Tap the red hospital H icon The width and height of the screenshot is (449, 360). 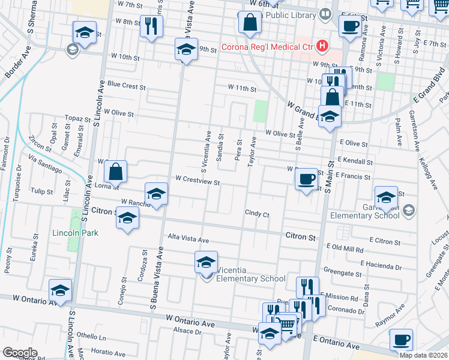pyautogui.click(x=324, y=46)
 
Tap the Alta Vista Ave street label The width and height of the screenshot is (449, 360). pyautogui.click(x=188, y=239)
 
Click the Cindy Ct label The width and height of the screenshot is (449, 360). pyautogui.click(x=257, y=214)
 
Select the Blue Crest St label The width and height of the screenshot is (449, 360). pyautogui.click(x=127, y=86)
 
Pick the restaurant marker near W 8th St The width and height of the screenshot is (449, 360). pyautogui.click(x=151, y=25)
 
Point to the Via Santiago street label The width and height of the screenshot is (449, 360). pyautogui.click(x=45, y=164)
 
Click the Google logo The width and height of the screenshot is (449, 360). pyautogui.click(x=19, y=353)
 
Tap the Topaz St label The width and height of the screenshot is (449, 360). pyautogui.click(x=77, y=119)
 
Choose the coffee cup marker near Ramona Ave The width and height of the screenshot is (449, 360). pyautogui.click(x=350, y=25)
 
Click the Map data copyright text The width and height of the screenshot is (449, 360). pyautogui.click(x=424, y=355)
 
